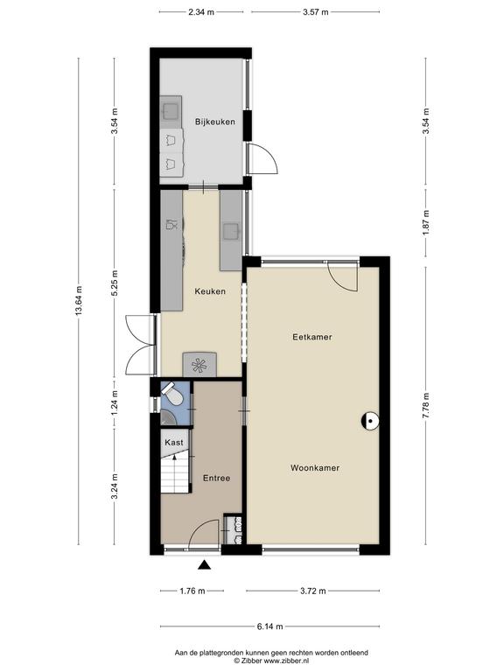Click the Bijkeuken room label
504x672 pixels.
tap(214, 122)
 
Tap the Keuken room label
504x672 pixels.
tap(210, 291)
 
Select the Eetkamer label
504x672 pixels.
tap(312, 337)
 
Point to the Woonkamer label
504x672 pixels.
tap(315, 468)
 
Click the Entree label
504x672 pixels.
tap(216, 479)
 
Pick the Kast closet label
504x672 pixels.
tap(174, 442)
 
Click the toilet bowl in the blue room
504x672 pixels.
tap(172, 395)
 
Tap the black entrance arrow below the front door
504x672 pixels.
tap(205, 565)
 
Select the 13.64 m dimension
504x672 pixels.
tap(79, 301)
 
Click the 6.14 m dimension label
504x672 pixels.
tap(269, 626)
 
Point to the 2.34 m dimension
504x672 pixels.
tap(201, 12)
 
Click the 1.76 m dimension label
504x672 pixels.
tap(192, 591)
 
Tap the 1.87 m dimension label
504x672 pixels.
tap(425, 223)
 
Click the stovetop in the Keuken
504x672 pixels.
tap(200, 364)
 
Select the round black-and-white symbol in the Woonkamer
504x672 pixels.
tap(370, 421)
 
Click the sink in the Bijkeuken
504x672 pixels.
tap(171, 111)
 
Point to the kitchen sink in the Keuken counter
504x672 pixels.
tap(231, 232)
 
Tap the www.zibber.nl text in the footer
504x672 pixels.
tap(286, 661)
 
